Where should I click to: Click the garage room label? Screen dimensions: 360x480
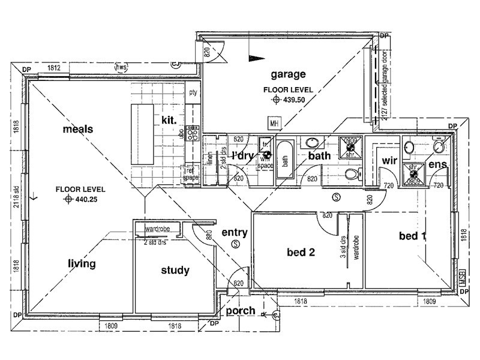[x=288, y=74]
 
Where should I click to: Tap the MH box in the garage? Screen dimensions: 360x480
[x=275, y=124]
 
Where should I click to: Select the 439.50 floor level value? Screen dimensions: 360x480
[x=295, y=100]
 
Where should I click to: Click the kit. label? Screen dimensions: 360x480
[x=169, y=120]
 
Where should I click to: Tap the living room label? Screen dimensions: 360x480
[x=82, y=263]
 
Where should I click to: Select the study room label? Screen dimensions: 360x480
[x=175, y=271]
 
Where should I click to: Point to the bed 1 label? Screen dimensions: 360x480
[x=412, y=236]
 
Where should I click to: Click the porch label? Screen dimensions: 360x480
[x=241, y=311]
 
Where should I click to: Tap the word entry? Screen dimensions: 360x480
[x=235, y=232]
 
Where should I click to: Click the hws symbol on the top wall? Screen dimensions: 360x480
[x=122, y=66]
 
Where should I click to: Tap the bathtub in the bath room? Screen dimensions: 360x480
[x=286, y=160]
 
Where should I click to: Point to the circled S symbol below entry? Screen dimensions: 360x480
[x=235, y=244]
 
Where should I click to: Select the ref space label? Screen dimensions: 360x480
[x=191, y=174]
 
